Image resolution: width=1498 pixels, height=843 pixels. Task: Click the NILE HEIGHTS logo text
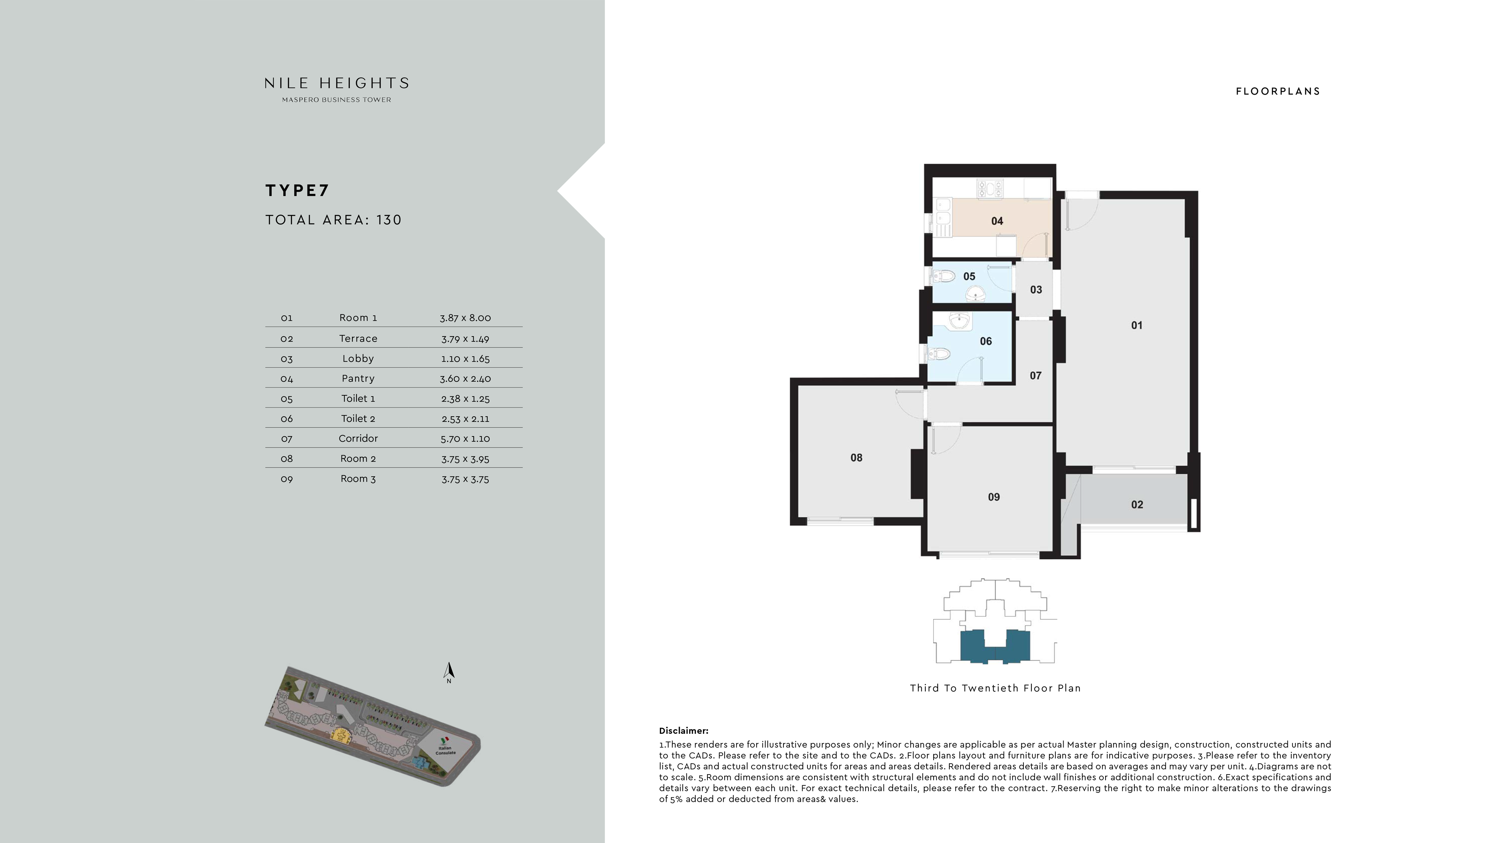coord(337,83)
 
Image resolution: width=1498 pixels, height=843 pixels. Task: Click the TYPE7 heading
coord(297,191)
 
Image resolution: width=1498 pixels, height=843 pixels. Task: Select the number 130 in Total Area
coord(389,220)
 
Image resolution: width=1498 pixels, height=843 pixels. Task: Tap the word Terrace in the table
coord(358,338)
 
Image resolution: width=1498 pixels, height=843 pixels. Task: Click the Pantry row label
coord(358,378)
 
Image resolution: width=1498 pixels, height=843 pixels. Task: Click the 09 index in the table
coord(287,479)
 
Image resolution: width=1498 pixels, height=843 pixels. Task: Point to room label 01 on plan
coord(1136,326)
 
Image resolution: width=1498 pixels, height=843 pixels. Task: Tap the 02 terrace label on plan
coord(1137,505)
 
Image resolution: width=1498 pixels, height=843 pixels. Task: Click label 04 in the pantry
coord(997,221)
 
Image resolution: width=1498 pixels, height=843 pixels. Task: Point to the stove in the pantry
coord(990,188)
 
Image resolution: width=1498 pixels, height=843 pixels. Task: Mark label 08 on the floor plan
coord(856,457)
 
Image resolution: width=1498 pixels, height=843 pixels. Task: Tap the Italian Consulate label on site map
coord(445,751)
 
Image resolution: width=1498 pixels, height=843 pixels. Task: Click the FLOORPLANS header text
coord(1277,91)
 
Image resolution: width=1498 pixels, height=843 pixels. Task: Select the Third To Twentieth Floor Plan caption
coord(995,688)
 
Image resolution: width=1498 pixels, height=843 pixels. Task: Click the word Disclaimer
coord(683,731)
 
